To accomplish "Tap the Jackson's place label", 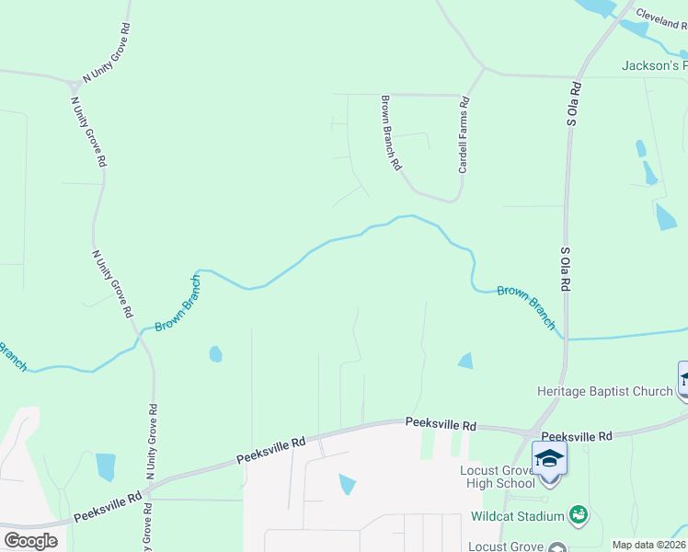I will pyautogui.click(x=654, y=66).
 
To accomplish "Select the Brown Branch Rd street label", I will pyautogui.click(x=391, y=132).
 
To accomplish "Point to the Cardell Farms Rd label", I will pyautogui.click(x=464, y=137).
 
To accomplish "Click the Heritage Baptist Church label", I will pyautogui.click(x=605, y=391).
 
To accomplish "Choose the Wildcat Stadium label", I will pyautogui.click(x=518, y=516).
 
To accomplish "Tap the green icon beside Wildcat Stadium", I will pyautogui.click(x=579, y=514).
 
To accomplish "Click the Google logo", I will pyautogui.click(x=30, y=541).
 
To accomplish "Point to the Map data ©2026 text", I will pyautogui.click(x=649, y=545).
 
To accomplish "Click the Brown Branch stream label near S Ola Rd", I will pyautogui.click(x=526, y=306).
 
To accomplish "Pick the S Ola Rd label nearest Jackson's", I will pyautogui.click(x=574, y=103).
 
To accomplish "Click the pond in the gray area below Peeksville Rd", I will pyautogui.click(x=347, y=483).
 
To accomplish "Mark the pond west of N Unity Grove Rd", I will pyautogui.click(x=106, y=466).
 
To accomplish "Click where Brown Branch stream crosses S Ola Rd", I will pyautogui.click(x=565, y=339).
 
